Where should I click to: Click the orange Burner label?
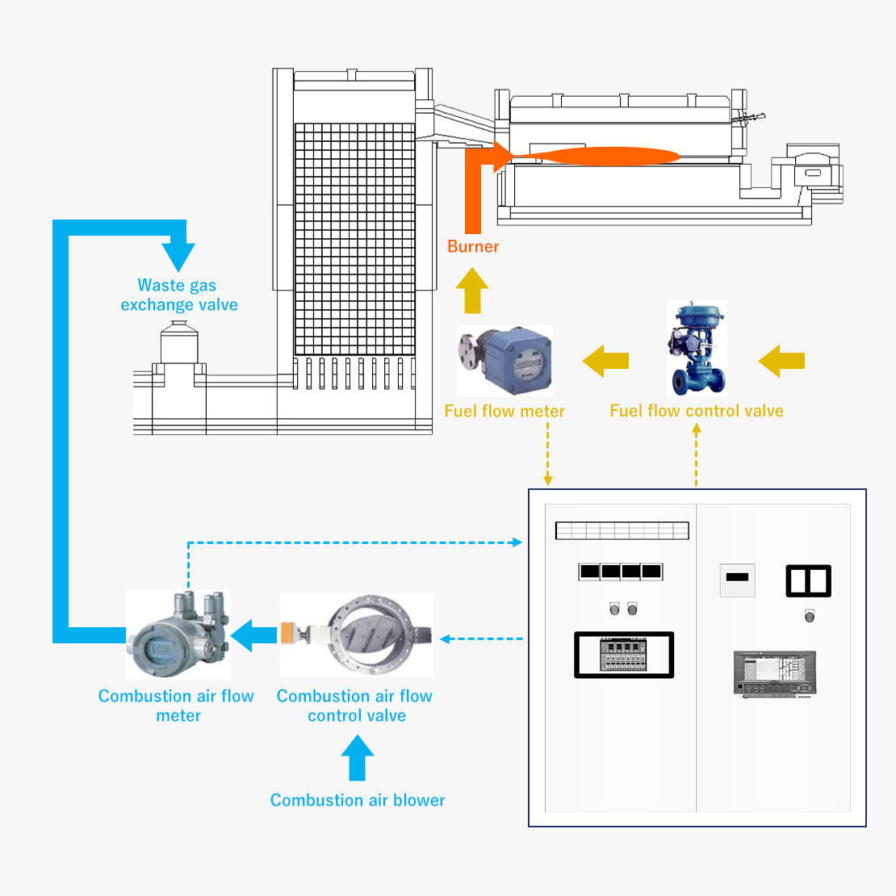tap(473, 247)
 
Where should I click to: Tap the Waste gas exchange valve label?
tap(178, 295)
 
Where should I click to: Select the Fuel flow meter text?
tap(505, 411)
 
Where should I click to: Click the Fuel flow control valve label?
tap(696, 411)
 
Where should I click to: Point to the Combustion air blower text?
tap(358, 800)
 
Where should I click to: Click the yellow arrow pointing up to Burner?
tap(472, 291)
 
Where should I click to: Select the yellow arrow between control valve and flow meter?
tap(605, 360)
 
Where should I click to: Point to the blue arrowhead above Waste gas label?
tap(178, 254)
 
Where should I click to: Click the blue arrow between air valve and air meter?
tap(254, 635)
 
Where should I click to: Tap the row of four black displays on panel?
tap(621, 572)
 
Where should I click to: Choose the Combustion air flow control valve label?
tap(355, 705)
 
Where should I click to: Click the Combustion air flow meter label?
tap(177, 705)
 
